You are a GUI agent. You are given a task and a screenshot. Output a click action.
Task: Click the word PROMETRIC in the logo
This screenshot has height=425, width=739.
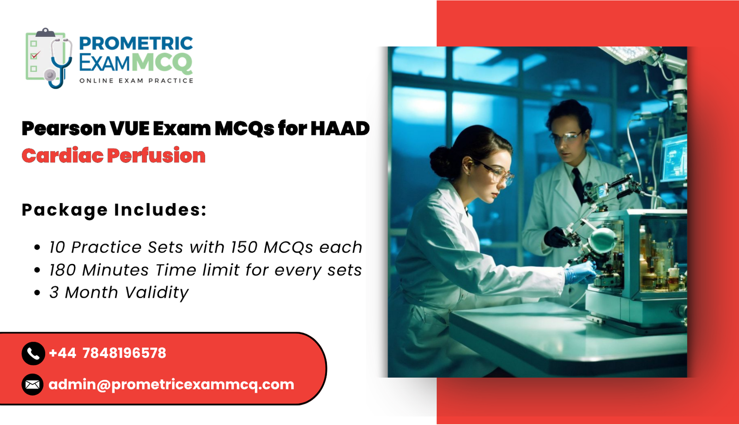coord(136,43)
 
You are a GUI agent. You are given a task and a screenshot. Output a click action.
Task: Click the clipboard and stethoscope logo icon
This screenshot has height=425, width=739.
coord(49,58)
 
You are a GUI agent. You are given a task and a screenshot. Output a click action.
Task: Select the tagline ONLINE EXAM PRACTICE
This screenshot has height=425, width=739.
coord(136,81)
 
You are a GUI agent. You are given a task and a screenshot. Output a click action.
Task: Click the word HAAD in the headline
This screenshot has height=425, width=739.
coord(340,128)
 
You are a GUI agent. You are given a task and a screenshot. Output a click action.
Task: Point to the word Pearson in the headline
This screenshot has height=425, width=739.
coord(64,128)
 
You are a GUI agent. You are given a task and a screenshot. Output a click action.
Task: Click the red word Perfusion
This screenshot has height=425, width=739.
coord(156,156)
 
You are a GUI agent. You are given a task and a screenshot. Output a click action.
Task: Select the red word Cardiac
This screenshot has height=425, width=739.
coord(62,156)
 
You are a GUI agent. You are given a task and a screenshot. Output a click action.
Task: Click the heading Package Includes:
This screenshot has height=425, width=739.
coord(114,210)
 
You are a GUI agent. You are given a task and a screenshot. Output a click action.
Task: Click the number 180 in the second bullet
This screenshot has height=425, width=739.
coord(63,270)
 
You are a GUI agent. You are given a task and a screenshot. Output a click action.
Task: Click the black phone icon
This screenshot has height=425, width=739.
coord(33,353)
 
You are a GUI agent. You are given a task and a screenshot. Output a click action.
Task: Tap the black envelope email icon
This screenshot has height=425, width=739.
coord(33,384)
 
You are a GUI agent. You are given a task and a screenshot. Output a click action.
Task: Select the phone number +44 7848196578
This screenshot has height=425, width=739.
coord(107,353)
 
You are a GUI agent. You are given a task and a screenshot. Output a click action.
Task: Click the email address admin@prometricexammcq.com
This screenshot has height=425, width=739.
coord(171,384)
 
